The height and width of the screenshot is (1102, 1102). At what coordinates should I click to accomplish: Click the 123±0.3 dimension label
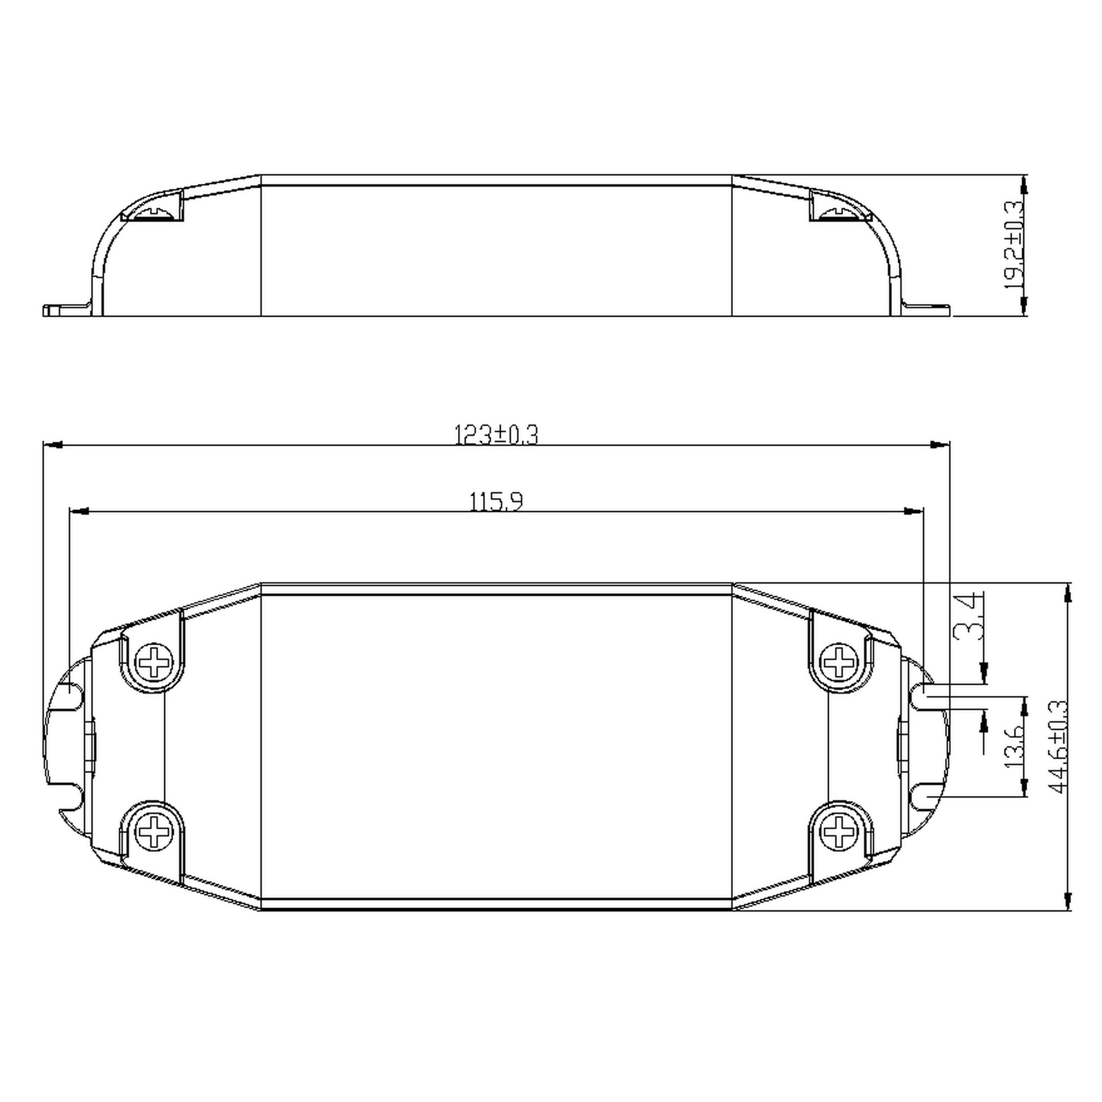click(496, 434)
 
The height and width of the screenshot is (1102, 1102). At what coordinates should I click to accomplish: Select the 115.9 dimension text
click(496, 502)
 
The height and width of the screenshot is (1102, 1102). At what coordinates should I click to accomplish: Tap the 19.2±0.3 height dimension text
click(1014, 245)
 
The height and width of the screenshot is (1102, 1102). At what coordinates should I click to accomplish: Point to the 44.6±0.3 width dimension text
click(1058, 747)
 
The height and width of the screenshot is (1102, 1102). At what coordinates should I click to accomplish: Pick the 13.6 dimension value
click(1014, 747)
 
